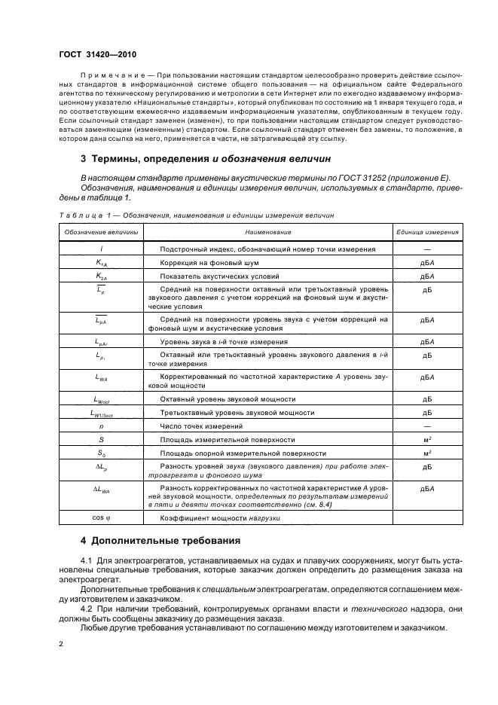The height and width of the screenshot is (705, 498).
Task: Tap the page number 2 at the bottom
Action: pos(61,644)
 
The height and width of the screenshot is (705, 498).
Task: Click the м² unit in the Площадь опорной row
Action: pos(427,453)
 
